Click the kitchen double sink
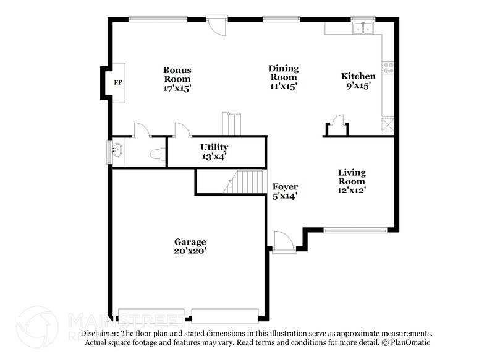[x=362, y=28]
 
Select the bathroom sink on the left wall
[x=116, y=150]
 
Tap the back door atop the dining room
[x=217, y=25]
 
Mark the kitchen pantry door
[x=337, y=121]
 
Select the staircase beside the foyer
[x=245, y=182]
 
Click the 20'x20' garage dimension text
[x=190, y=251]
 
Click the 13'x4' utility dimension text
[x=214, y=157]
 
